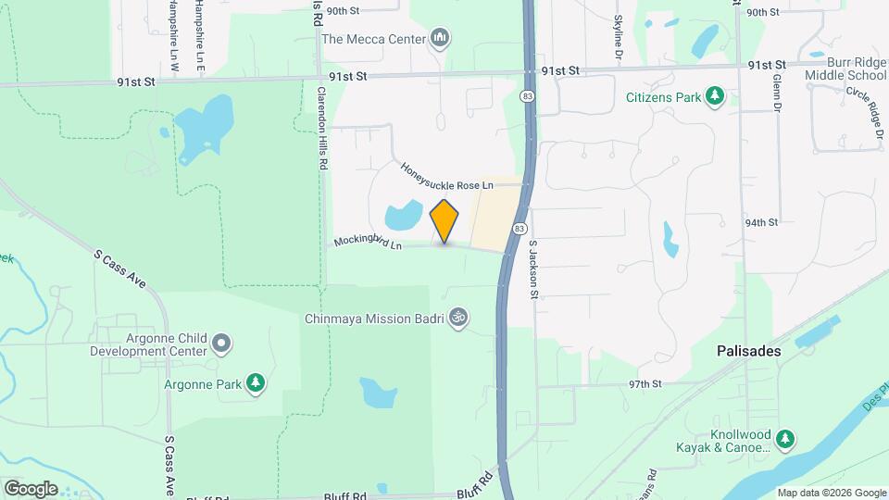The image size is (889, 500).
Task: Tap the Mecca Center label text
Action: click(x=373, y=39)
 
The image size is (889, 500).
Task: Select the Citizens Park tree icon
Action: click(x=714, y=95)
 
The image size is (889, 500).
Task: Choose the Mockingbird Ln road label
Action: click(x=368, y=243)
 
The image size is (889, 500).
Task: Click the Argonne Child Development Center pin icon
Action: click(x=220, y=344)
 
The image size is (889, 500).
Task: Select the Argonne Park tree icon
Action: click(x=256, y=383)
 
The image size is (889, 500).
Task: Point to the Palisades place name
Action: click(x=748, y=352)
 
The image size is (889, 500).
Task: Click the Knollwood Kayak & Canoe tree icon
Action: click(x=785, y=437)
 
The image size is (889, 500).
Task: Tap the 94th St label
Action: click(x=762, y=222)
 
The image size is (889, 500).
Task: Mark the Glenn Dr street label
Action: click(x=776, y=93)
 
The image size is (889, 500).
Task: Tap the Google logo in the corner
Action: click(x=31, y=488)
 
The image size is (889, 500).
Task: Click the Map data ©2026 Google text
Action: click(x=830, y=493)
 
